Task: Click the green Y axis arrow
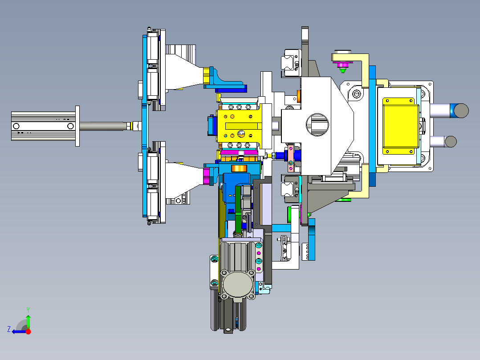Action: pyautogui.click(x=28, y=322)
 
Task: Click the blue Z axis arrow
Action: pyautogui.click(x=19, y=331)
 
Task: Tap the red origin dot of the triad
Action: pyautogui.click(x=28, y=331)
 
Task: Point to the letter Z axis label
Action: pyautogui.click(x=9, y=329)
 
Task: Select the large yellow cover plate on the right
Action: pyautogui.click(x=400, y=126)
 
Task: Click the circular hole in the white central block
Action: pyautogui.click(x=317, y=124)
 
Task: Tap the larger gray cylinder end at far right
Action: pyautogui.click(x=461, y=110)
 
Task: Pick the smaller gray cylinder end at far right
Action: pyautogui.click(x=451, y=142)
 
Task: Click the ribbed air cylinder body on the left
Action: pyautogui.click(x=43, y=126)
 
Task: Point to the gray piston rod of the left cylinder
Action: pyautogui.click(x=103, y=126)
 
